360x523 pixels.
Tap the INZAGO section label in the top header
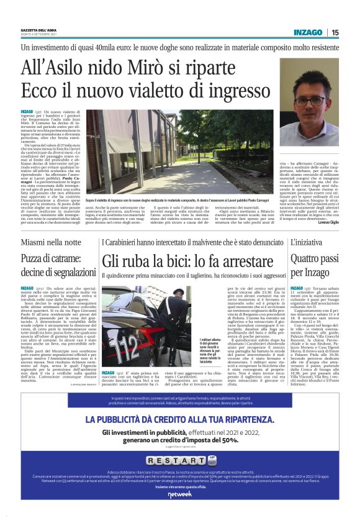point(309,32)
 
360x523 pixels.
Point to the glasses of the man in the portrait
point(310,99)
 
